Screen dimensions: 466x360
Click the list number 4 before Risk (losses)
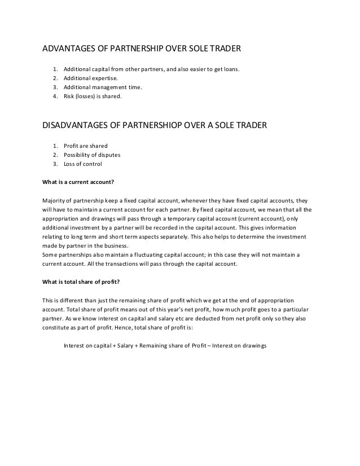(x=55, y=96)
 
